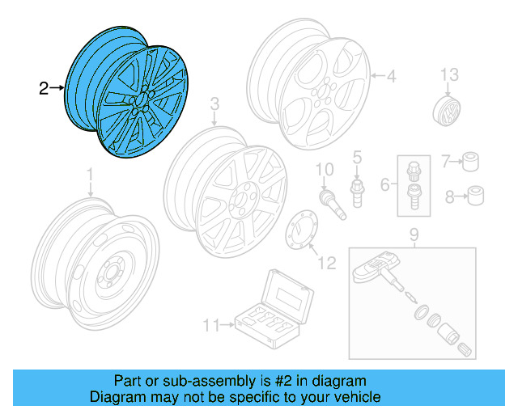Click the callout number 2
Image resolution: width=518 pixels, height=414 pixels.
pos(44,88)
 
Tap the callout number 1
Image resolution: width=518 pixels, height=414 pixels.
pos(90,174)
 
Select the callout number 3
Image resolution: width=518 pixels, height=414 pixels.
pos(214,104)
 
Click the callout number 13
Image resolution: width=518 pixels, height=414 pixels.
pos(449,75)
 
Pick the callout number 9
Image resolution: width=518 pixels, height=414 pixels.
pos(413,235)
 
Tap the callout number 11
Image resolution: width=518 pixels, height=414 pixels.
pos(210,326)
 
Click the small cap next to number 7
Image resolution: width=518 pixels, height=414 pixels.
pos(469,162)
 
